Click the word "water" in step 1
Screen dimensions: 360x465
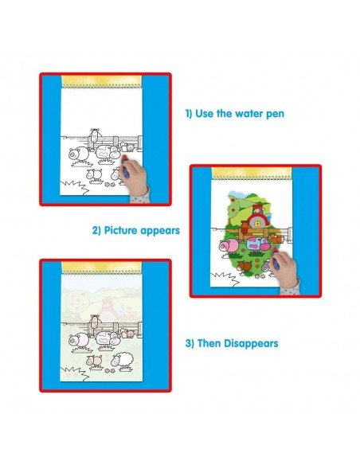pos(247,114)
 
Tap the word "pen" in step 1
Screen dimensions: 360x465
pos(275,115)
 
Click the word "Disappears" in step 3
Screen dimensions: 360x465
pos(251,343)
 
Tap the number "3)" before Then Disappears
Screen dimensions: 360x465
pos(190,343)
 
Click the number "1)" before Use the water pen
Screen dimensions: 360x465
pos(189,114)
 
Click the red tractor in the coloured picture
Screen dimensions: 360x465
pos(256,217)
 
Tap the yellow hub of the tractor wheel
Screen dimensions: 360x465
pos(258,224)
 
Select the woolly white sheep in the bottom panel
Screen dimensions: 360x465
pos(122,360)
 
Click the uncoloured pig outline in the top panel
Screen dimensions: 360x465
pos(78,154)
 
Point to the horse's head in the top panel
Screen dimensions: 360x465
pos(95,135)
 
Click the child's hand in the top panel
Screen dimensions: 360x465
pos(135,176)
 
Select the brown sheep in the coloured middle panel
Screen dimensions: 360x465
pos(244,266)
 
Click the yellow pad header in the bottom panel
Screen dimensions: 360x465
pos(102,268)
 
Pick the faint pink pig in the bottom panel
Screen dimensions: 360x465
pos(78,340)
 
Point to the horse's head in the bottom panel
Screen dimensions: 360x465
pos(95,322)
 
